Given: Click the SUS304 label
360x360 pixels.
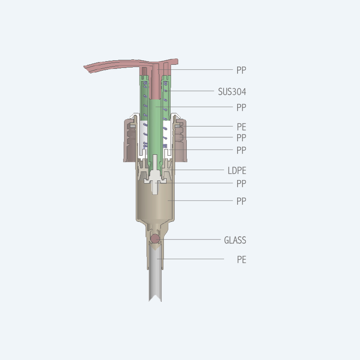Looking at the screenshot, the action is (232, 92).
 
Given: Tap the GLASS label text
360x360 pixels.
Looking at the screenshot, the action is (235, 240).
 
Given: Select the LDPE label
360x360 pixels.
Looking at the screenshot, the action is (237, 171).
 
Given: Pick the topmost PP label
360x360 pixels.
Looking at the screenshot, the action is (241, 70).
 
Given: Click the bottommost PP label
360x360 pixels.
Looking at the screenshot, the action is (241, 201).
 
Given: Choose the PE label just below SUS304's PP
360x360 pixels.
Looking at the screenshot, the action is (241, 127).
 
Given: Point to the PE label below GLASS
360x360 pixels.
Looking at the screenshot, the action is (241, 260).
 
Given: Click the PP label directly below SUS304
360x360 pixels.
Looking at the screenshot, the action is (241, 108).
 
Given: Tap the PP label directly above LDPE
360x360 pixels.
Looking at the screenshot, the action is (241, 150).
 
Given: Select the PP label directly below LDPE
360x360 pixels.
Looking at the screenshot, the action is (241, 184).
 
